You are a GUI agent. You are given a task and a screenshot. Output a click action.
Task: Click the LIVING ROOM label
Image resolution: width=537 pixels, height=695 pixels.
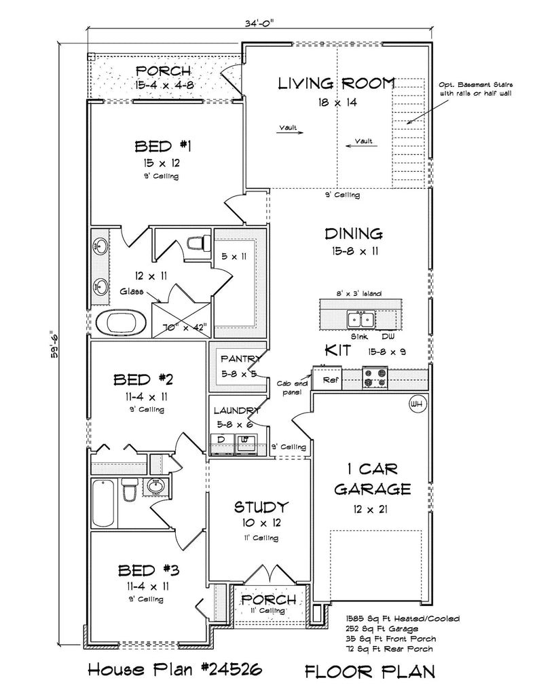tap(337, 83)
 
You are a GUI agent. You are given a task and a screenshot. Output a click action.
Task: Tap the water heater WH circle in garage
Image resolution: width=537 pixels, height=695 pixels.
tap(416, 404)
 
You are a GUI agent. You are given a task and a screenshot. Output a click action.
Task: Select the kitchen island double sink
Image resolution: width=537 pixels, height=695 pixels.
tap(360, 318)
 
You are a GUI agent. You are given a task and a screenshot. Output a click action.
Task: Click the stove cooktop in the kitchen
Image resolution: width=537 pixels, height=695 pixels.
tap(375, 377)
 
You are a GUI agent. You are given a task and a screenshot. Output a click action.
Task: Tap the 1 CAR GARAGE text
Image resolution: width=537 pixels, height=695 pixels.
tap(372, 479)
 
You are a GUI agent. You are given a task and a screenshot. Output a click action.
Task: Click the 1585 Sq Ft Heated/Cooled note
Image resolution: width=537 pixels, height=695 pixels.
tap(402, 618)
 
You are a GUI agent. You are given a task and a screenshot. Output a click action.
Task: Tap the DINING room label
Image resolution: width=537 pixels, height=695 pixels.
tap(353, 234)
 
